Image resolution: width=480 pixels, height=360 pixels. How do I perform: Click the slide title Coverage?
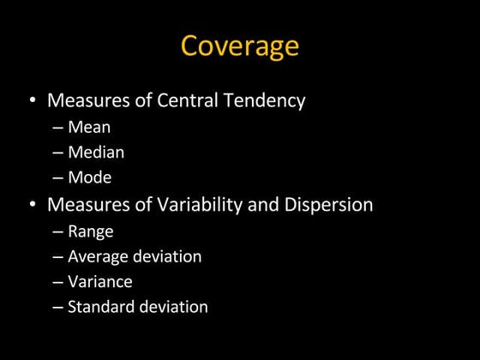239,45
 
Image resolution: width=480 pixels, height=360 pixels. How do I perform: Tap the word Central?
189,100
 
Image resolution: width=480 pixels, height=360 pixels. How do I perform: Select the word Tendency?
266,100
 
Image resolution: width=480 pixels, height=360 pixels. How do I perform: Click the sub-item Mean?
89,127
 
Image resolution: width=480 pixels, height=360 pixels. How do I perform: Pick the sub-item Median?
96,153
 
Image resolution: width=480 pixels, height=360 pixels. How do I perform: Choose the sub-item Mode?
90,178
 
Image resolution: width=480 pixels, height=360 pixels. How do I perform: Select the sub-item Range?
91,231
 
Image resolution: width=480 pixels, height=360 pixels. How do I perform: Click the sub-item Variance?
100,281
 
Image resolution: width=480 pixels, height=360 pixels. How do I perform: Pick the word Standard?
99,307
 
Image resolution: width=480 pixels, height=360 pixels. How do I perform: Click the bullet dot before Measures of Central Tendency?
33,101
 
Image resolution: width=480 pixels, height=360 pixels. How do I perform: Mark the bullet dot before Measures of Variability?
33,206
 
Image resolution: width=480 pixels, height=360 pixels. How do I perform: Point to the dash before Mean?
57,128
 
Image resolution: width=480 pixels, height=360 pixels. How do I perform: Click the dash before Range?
57,231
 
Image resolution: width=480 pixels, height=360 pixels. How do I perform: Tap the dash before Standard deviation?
57,307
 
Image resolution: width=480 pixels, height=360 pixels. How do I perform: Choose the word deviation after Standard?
171,307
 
